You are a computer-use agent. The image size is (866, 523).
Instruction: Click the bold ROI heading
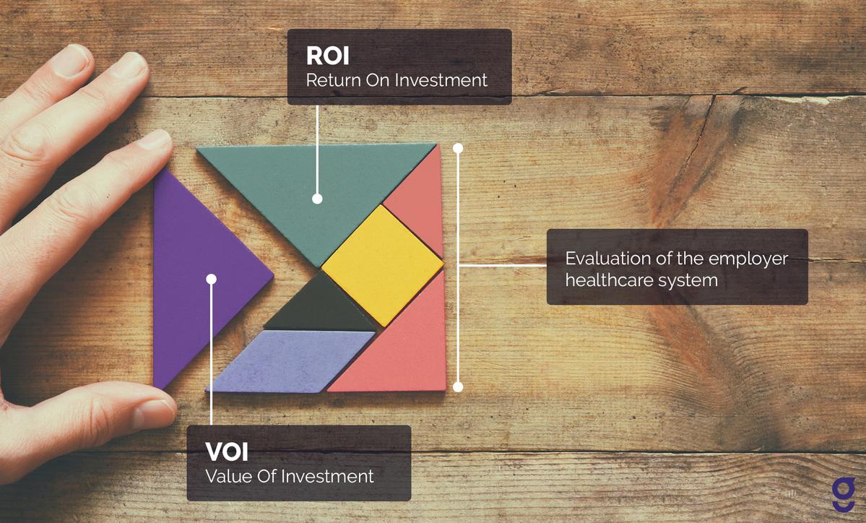[x=328, y=56]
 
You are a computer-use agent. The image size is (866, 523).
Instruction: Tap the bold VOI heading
[x=227, y=452]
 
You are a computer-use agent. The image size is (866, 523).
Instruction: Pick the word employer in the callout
[x=754, y=259]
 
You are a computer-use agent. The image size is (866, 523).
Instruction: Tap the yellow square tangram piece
[x=382, y=264]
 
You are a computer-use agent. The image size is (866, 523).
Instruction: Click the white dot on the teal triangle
[x=317, y=199]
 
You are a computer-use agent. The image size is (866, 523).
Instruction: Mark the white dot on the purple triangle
[x=211, y=278]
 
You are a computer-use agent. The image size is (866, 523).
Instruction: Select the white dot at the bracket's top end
[x=457, y=148]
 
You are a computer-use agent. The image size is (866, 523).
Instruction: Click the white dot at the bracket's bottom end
[x=457, y=387]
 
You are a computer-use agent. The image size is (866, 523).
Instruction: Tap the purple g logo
[x=842, y=495]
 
